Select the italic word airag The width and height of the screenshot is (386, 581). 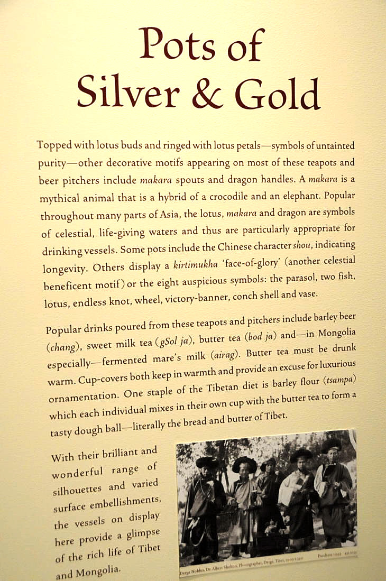click(x=227, y=355)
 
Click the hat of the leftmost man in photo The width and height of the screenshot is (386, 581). click(x=207, y=462)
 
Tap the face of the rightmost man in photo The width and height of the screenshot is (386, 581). click(x=332, y=455)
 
